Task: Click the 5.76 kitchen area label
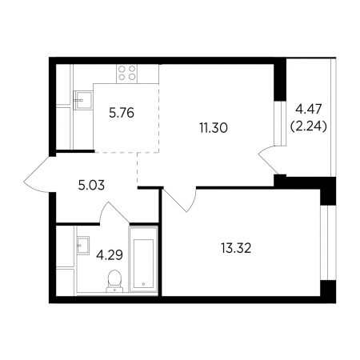pyautogui.click(x=122, y=113)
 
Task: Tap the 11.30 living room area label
pyautogui.click(x=214, y=128)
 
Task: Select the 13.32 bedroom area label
pyautogui.click(x=236, y=249)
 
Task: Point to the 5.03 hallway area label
pyautogui.click(x=91, y=186)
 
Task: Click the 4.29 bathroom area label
pyautogui.click(x=110, y=255)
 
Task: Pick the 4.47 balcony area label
pyautogui.click(x=309, y=110)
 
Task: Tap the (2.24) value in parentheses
pyautogui.click(x=309, y=127)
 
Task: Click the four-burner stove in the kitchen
pyautogui.click(x=126, y=74)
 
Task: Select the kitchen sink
pyautogui.click(x=83, y=100)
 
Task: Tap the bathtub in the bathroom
pyautogui.click(x=143, y=259)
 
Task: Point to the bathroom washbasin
pyautogui.click(x=83, y=246)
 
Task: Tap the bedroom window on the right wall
pyautogui.click(x=324, y=242)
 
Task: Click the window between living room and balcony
pyautogui.click(x=280, y=123)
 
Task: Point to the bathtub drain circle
pyautogui.click(x=143, y=284)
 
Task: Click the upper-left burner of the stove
pyautogui.click(x=122, y=70)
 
